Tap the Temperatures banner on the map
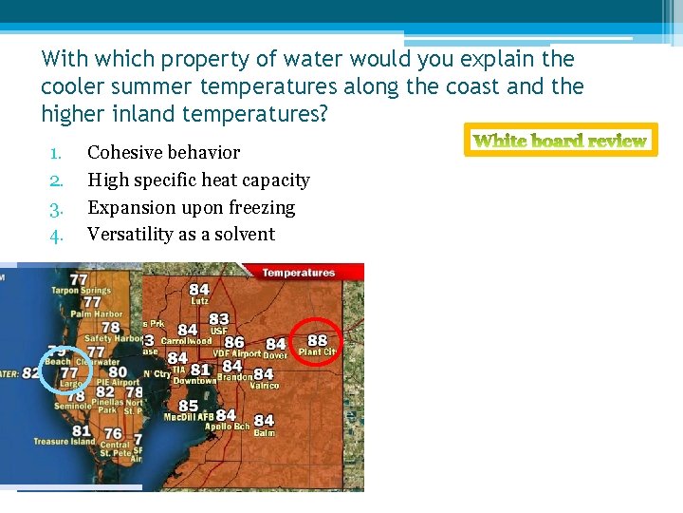click(298, 273)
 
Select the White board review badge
click(560, 141)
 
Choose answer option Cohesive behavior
click(163, 152)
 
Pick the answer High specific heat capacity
click(198, 180)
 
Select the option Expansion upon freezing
click(191, 207)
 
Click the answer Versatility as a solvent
click(180, 234)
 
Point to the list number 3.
click(56, 207)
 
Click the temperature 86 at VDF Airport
click(233, 342)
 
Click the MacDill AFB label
click(188, 417)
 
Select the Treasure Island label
click(65, 442)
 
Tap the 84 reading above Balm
click(264, 420)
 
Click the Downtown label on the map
click(194, 381)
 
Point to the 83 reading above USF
click(219, 319)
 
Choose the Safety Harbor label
click(113, 338)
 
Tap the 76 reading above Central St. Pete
click(113, 434)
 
